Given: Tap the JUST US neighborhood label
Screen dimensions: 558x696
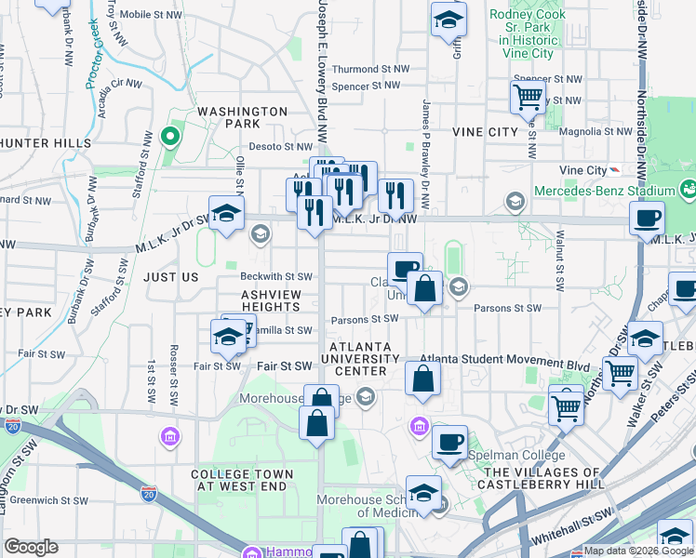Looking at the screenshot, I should tap(172, 277).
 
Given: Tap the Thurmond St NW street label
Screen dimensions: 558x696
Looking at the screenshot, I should tap(370, 69).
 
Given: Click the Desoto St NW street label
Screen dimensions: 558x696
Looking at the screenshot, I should tap(280, 146).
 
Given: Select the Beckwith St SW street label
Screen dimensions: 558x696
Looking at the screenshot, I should tap(275, 277).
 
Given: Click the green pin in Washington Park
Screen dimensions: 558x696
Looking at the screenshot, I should tap(169, 138).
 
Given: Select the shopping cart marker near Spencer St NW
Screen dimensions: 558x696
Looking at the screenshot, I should tap(528, 95).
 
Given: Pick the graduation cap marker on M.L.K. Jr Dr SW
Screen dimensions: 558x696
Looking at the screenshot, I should tap(226, 214).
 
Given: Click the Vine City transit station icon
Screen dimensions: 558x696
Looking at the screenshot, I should tap(613, 170).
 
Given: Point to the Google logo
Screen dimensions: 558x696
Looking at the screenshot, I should tap(31, 547).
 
